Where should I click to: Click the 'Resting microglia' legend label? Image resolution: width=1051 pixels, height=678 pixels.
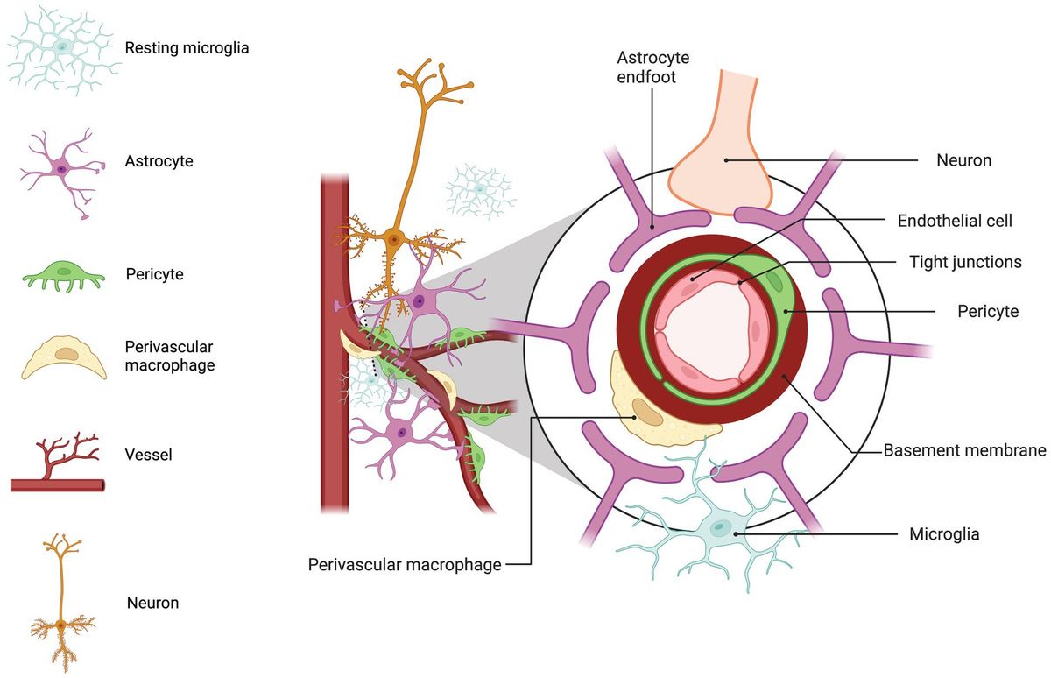pyautogui.click(x=187, y=48)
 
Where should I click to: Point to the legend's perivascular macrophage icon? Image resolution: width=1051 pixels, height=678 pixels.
pyautogui.click(x=63, y=357)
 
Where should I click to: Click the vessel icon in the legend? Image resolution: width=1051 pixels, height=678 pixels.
pyautogui.click(x=58, y=463)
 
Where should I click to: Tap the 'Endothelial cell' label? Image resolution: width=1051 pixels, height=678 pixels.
pyautogui.click(x=956, y=222)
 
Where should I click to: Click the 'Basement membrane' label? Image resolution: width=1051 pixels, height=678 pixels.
pyautogui.click(x=964, y=451)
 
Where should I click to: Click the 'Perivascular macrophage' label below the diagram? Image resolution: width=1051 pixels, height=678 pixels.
pyautogui.click(x=405, y=564)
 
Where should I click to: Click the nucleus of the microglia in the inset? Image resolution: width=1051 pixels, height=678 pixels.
pyautogui.click(x=720, y=527)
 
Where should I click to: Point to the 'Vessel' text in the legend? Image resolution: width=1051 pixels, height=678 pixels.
pyautogui.click(x=148, y=456)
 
